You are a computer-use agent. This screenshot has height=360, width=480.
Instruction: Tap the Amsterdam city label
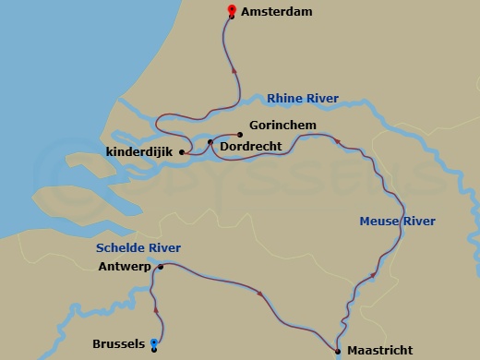[276, 12]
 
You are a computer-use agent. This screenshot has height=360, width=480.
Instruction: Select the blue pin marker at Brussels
[154, 343]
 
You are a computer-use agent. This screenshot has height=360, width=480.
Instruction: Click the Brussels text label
[118, 344]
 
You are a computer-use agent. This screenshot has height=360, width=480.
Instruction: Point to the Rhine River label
[302, 99]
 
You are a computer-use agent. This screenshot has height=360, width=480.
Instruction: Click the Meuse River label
[397, 222]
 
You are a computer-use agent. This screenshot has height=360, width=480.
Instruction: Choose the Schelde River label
[138, 248]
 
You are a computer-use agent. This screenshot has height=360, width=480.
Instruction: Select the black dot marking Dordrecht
[210, 142]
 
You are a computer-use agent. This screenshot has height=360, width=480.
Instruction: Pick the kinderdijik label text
[139, 151]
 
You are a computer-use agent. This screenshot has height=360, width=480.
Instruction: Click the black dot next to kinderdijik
[182, 152]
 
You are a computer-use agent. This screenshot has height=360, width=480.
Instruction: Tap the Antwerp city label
[125, 268]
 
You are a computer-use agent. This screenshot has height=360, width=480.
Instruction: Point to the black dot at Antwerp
[161, 268]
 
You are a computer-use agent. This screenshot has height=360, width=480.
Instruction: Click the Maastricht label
[379, 351]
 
